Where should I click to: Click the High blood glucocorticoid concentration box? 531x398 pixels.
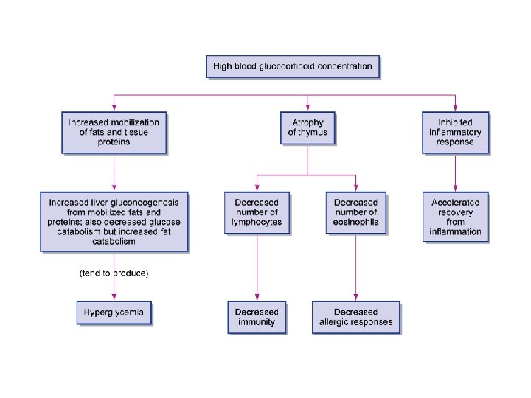[293, 67]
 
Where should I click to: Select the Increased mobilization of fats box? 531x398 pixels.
[114, 132]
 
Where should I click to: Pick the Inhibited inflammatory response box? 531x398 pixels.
[455, 132]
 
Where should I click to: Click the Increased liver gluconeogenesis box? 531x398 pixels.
[114, 221]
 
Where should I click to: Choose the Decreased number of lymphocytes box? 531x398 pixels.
[257, 212]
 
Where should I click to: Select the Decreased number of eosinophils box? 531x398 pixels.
[355, 212]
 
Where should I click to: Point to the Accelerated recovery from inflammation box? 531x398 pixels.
[455, 217]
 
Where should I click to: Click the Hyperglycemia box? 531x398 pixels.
[114, 313]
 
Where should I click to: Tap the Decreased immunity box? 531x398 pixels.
[256, 317]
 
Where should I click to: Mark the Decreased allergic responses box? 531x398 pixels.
[355, 317]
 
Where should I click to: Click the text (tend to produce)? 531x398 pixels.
[114, 273]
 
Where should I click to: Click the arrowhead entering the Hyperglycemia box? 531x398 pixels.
[114, 297]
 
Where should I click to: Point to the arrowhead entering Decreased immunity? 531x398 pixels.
[256, 297]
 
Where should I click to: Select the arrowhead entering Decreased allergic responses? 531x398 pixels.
[355, 297]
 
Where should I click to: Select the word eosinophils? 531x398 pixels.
[355, 222]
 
